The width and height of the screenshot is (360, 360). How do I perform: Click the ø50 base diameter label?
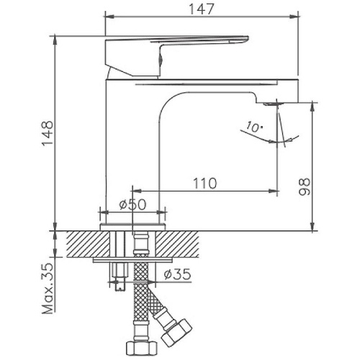(132, 204)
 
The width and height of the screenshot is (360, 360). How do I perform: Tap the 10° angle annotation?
(253, 127)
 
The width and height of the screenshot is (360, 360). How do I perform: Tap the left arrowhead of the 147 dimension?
(109, 14)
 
